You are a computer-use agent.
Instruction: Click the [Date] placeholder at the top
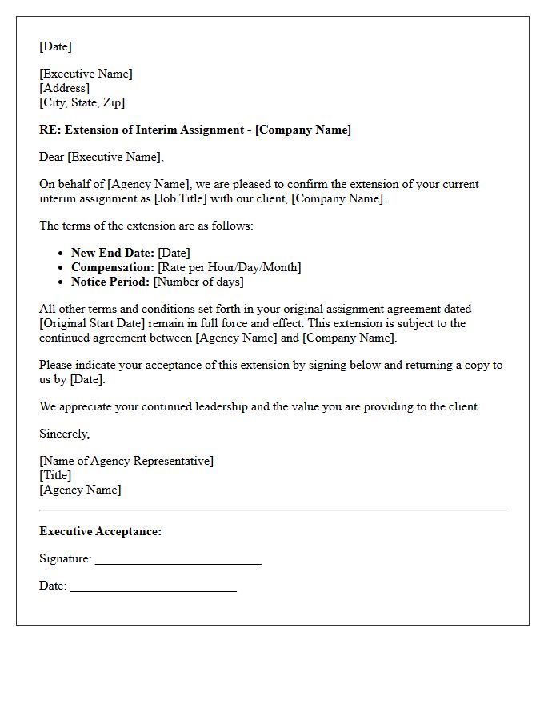tap(55, 46)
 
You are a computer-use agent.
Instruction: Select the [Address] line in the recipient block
tap(64, 88)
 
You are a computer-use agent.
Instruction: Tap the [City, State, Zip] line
tap(82, 102)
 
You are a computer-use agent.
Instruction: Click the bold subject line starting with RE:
tap(195, 130)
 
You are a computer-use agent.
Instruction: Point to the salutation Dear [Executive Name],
tap(101, 157)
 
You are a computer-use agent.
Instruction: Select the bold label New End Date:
tap(112, 253)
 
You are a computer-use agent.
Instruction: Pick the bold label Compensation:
tap(112, 267)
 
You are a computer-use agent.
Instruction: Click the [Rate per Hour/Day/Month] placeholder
tap(230, 267)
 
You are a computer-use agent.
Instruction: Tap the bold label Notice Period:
tap(110, 282)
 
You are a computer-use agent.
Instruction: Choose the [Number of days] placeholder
tap(198, 282)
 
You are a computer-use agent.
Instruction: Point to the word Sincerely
tap(64, 434)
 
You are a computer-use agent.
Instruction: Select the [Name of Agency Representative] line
tap(126, 461)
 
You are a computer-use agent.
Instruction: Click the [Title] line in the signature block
tap(55, 475)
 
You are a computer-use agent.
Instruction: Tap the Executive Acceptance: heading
tap(100, 531)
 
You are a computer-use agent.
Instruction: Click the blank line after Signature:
tap(178, 560)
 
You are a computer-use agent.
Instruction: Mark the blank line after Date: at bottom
tap(153, 587)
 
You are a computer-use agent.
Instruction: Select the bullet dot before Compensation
tap(62, 268)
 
